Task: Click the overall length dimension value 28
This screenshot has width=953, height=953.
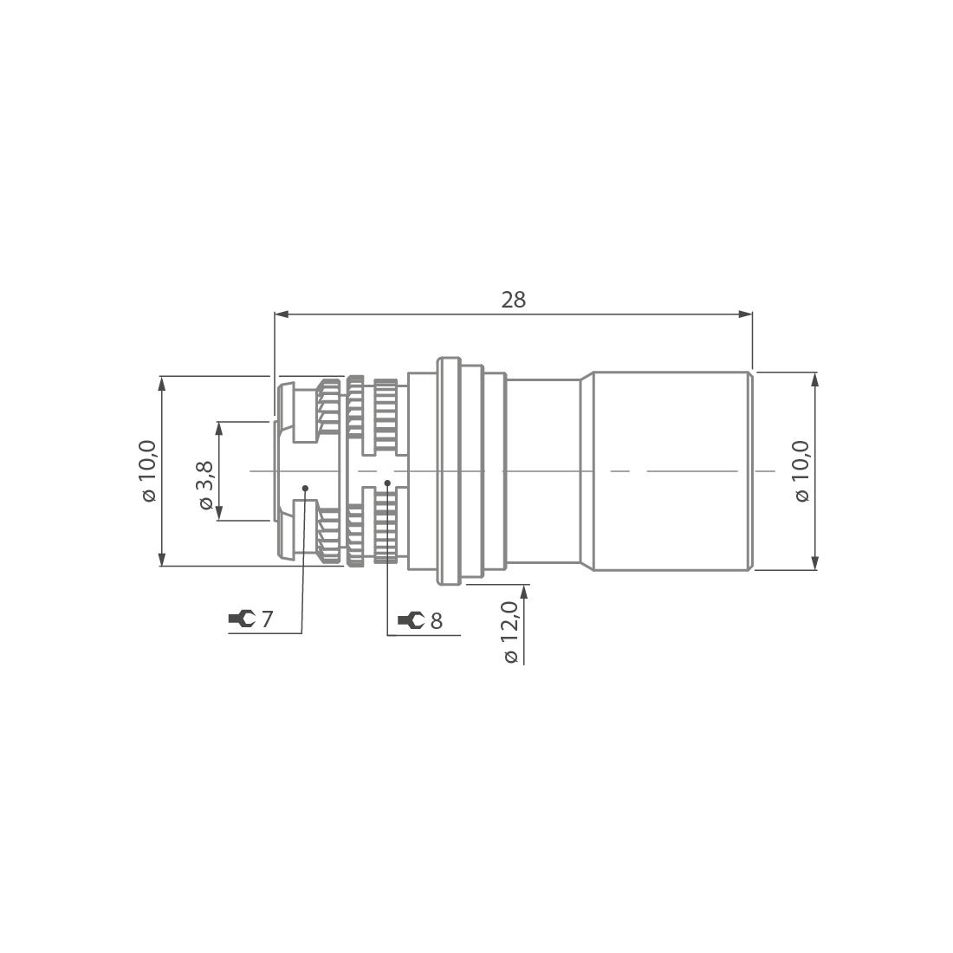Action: (x=513, y=300)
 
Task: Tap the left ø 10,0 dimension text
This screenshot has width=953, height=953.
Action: (x=148, y=470)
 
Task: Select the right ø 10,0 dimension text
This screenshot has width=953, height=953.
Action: (x=801, y=470)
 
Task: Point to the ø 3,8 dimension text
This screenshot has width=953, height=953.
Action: (x=205, y=484)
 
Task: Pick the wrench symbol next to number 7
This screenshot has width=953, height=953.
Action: (x=241, y=619)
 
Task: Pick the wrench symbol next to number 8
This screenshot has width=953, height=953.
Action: (x=411, y=620)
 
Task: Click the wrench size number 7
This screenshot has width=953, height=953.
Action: (x=267, y=619)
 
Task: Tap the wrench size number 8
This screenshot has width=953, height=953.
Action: (x=436, y=621)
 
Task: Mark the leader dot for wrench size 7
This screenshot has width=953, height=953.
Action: (x=305, y=488)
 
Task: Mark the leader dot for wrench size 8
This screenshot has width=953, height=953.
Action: (x=387, y=483)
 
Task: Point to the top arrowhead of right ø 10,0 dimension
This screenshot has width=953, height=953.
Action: (x=814, y=379)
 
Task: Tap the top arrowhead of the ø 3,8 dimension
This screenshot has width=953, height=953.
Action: (x=219, y=428)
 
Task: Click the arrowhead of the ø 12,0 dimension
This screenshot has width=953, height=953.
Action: (x=524, y=590)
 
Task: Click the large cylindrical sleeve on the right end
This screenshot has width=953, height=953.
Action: (x=671, y=470)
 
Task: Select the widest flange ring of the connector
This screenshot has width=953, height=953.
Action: (x=448, y=470)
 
